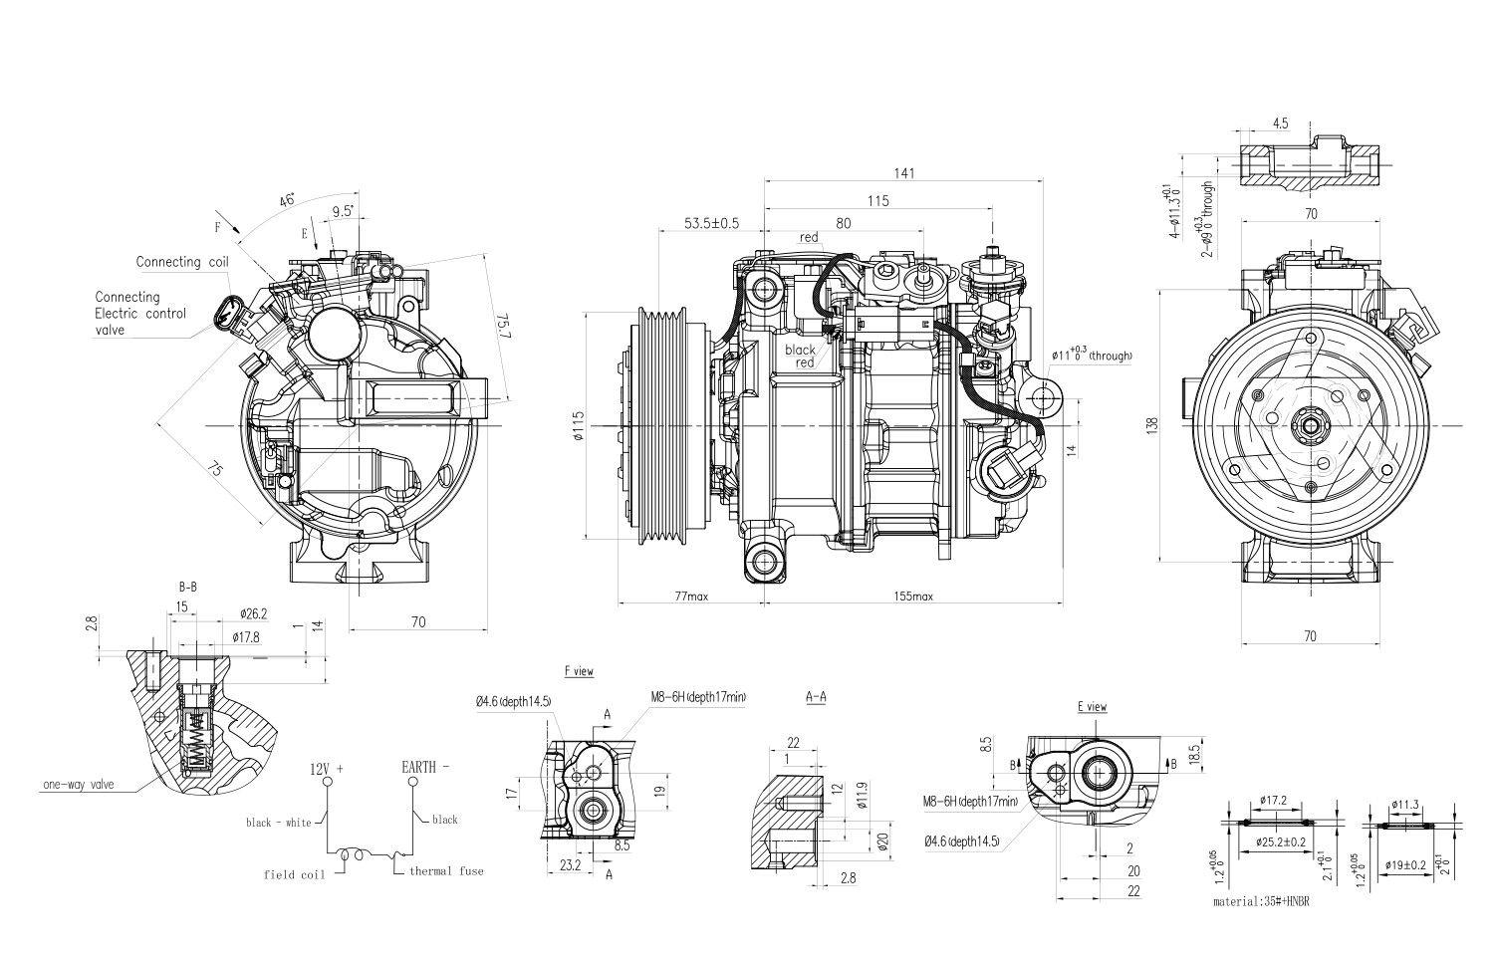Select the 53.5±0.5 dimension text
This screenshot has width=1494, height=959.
tap(711, 222)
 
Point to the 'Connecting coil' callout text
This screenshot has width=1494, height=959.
tap(182, 262)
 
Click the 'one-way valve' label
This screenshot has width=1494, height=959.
tap(78, 785)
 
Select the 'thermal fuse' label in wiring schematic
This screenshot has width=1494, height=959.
tap(445, 871)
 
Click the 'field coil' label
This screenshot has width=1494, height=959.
tap(294, 874)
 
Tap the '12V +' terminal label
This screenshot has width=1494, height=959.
tap(327, 769)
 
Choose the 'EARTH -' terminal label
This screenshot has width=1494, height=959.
tap(425, 767)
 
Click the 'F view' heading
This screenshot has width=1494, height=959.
tap(579, 671)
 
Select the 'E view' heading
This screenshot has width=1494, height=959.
tap(1092, 706)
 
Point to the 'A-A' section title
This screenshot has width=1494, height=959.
tap(815, 697)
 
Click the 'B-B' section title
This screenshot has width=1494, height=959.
tap(187, 588)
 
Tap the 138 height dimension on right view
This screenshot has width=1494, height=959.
tap(1152, 424)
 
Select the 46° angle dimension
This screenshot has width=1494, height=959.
tap(287, 201)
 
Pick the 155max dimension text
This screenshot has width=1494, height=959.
tap(913, 597)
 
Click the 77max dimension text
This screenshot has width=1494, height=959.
tap(690, 597)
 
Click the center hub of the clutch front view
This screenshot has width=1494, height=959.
tap(1310, 427)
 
